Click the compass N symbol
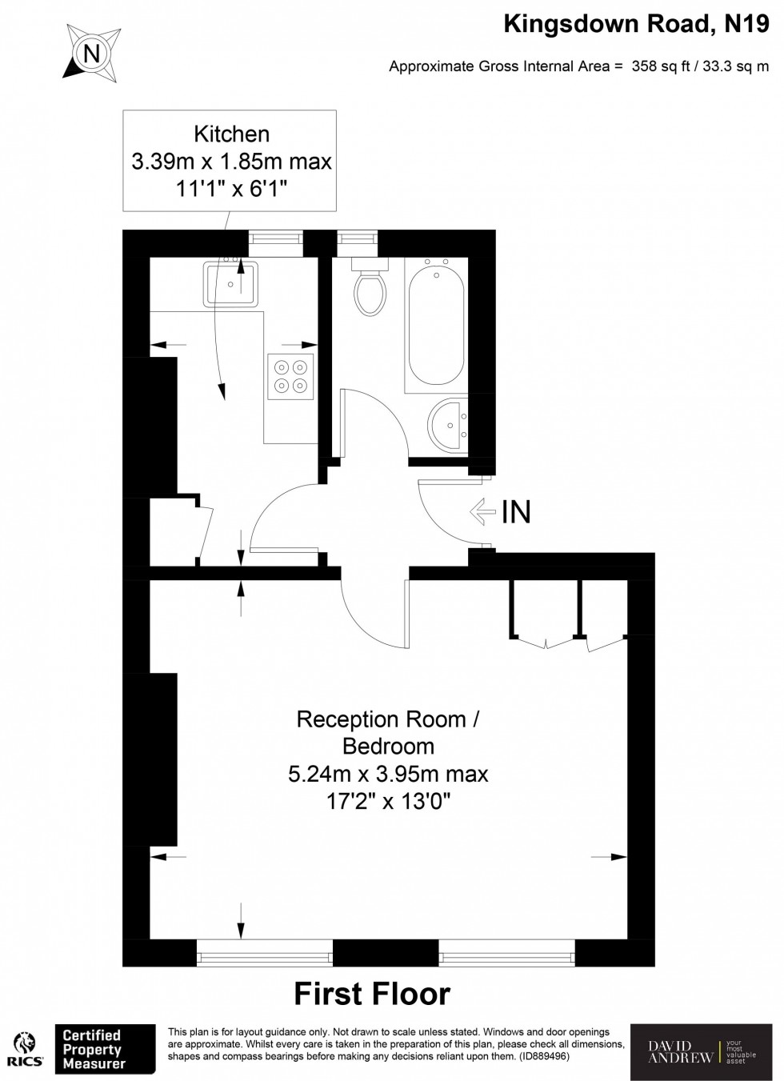93,54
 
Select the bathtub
436,324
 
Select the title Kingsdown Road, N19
636,25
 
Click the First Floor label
372,994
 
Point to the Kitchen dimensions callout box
231,161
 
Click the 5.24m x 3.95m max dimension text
388,774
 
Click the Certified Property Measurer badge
104,1049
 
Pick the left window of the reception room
265,952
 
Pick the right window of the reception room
506,952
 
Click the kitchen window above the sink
275,237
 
